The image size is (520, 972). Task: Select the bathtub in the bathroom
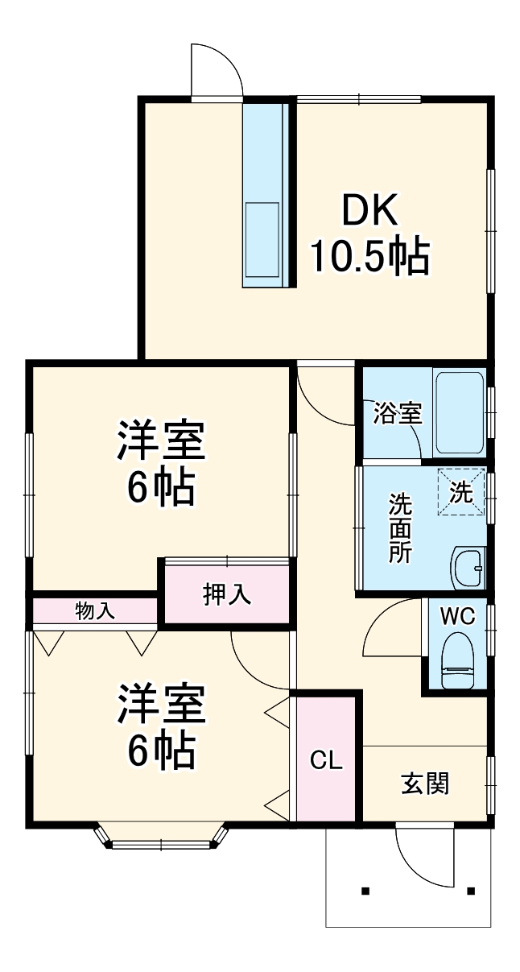[x=460, y=412]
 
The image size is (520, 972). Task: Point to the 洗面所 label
[x=400, y=527]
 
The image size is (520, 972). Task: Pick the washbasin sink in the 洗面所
[x=468, y=567]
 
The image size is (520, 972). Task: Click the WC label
[x=456, y=616]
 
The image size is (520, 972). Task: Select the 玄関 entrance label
[x=425, y=783]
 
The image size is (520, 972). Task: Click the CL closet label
[x=327, y=760]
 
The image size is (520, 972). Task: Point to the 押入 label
[x=227, y=594]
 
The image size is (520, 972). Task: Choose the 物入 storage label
[x=95, y=610]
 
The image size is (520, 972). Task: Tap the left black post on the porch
[x=365, y=891]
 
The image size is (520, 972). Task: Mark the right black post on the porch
[x=471, y=891]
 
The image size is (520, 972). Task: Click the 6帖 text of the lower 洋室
[x=160, y=751]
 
